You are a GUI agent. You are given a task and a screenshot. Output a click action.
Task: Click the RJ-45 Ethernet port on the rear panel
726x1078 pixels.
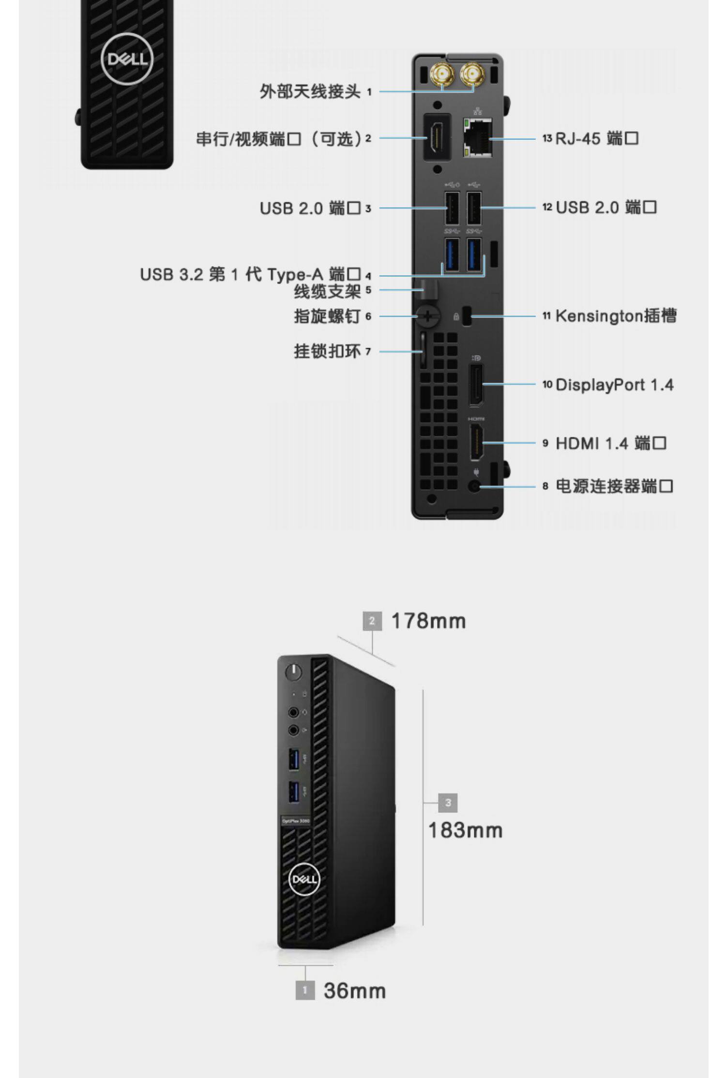pos(478,137)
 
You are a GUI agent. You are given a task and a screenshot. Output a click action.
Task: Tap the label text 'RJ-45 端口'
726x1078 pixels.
pos(597,139)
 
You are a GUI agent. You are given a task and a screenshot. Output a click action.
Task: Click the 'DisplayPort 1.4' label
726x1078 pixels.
pos(615,385)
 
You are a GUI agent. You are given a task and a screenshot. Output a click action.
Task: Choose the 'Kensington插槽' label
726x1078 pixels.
pos(616,316)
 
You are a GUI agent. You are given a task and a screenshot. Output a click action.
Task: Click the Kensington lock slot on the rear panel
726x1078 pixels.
pos(467,316)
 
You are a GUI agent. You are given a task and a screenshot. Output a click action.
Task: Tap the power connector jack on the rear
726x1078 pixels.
pos(476,486)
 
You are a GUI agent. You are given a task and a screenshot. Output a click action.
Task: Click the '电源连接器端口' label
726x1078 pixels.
pos(614,486)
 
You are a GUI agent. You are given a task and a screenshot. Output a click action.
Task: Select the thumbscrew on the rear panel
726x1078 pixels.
pos(428,316)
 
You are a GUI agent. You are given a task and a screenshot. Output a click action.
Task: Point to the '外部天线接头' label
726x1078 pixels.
pos(310,91)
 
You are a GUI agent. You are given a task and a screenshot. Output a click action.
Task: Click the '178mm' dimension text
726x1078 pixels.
pos(428,621)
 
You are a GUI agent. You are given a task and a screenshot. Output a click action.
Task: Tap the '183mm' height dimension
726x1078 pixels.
pos(465,830)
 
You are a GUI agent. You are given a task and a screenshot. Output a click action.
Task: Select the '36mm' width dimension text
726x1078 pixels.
pos(355,990)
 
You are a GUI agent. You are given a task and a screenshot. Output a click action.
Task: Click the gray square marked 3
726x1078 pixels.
pos(448,803)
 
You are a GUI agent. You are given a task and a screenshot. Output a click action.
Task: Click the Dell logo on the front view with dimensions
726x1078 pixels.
pos(304,879)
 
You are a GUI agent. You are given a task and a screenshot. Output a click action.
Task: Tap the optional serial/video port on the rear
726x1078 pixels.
pos(437,137)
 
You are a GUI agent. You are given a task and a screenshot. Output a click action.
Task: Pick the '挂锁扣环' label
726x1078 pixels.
pos(327,351)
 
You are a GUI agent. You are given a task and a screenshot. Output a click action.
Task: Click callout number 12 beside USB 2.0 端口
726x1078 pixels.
pos(547,207)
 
